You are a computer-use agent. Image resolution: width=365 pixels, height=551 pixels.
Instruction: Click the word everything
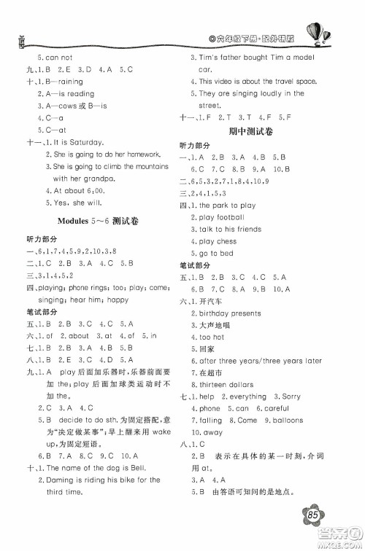247,396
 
